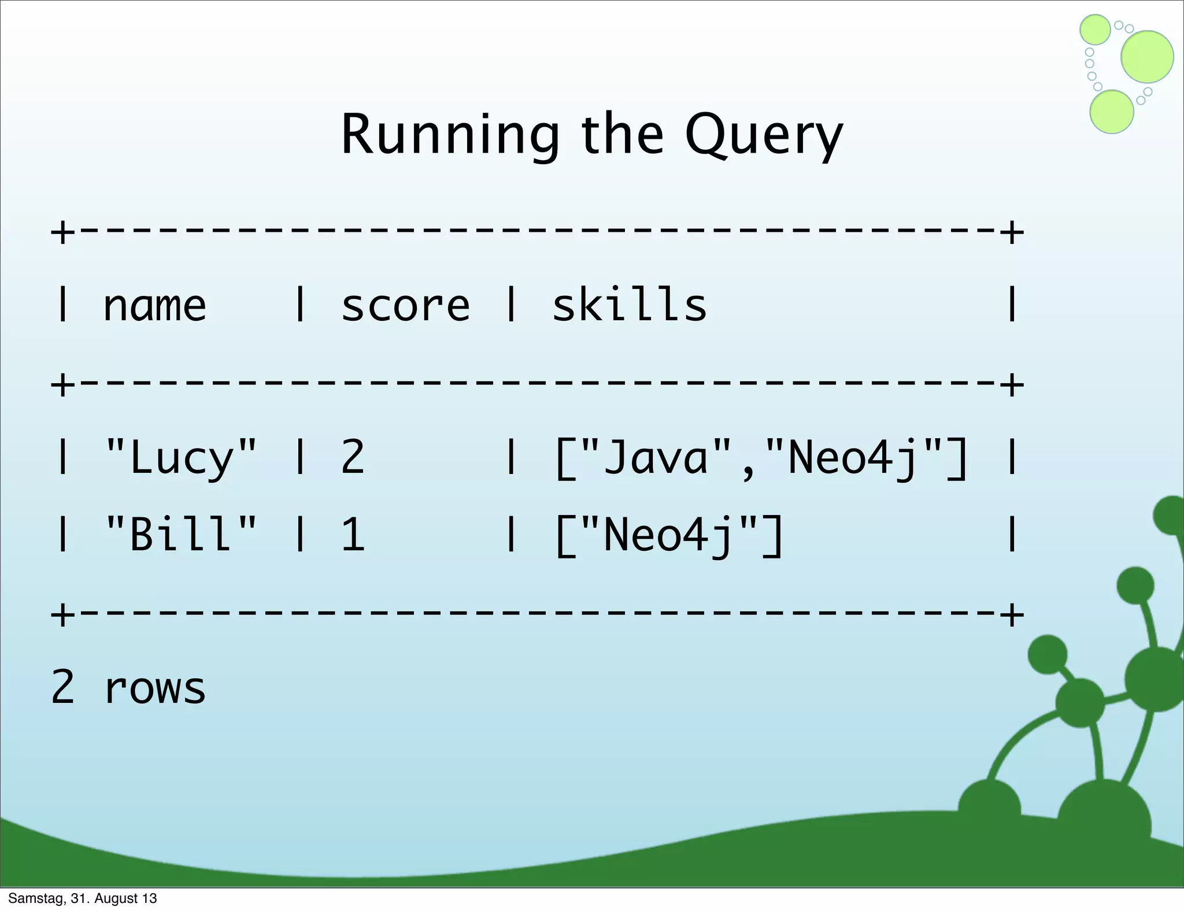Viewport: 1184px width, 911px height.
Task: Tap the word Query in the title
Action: tap(764, 136)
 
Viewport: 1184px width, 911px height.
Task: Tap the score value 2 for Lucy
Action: tap(353, 457)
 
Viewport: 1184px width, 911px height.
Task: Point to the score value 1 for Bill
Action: tap(353, 534)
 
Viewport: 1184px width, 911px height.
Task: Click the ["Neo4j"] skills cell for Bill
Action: tap(669, 535)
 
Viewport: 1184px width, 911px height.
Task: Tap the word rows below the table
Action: tap(155, 688)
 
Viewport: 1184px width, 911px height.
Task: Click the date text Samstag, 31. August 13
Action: tap(83, 898)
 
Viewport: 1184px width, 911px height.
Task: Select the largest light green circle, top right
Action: tap(1147, 57)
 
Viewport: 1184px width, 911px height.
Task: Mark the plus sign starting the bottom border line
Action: tap(62, 614)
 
